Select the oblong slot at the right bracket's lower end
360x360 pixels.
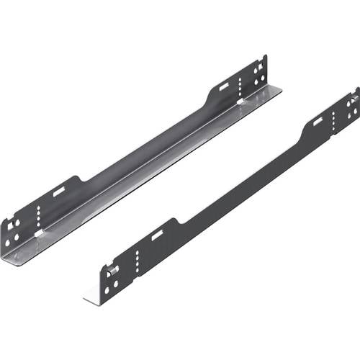[156, 235]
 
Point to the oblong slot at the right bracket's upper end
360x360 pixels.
[318, 121]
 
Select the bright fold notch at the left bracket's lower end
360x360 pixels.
[40, 235]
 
